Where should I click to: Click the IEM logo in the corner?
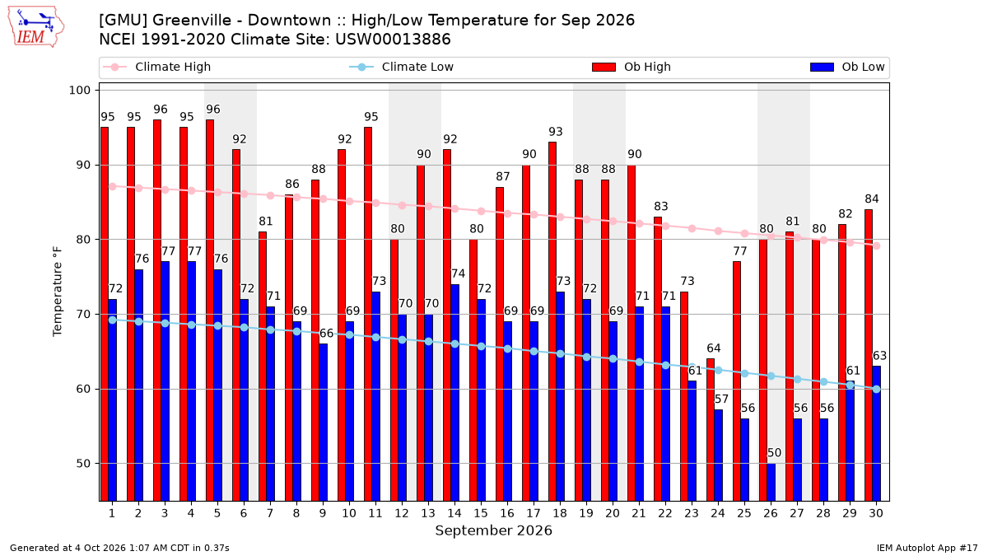[x=36, y=27]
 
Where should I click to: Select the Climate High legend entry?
[x=156, y=67]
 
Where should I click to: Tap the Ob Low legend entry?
[x=847, y=67]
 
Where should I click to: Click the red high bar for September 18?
[x=552, y=322]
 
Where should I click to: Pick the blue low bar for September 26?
[x=771, y=483]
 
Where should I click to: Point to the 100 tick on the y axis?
[x=79, y=91]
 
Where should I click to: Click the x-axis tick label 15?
[x=481, y=513]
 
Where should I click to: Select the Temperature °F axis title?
[x=58, y=292]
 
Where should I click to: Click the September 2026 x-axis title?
[x=493, y=530]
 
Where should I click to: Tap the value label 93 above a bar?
[x=556, y=132]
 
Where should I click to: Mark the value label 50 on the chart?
[x=774, y=453]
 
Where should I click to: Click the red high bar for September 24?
[x=711, y=430]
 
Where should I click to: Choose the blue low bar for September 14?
[x=454, y=393]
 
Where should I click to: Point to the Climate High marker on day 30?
[x=876, y=245]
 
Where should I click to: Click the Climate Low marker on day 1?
[x=113, y=320]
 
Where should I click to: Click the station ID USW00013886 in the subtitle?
[x=393, y=40]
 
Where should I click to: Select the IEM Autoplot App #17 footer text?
[x=927, y=548]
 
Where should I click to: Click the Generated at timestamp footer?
[x=119, y=548]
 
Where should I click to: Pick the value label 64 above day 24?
[x=714, y=348]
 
